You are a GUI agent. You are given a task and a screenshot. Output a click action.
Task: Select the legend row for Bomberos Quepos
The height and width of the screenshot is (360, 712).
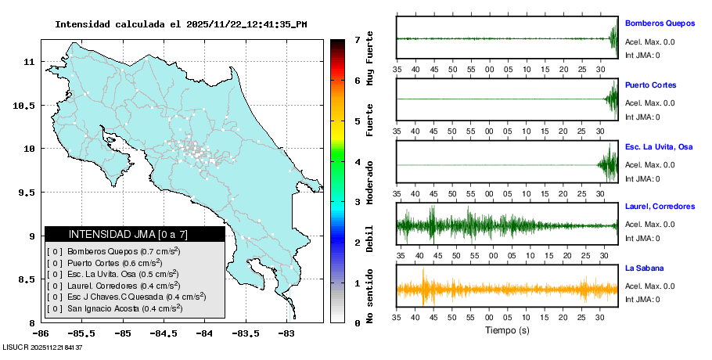click(x=114, y=251)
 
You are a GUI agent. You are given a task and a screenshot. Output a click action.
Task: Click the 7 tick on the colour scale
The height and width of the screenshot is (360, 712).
click(x=356, y=39)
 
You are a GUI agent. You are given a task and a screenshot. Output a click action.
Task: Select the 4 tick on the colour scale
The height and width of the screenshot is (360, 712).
click(x=356, y=162)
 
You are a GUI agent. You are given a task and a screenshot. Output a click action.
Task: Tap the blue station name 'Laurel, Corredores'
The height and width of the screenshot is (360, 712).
click(x=660, y=207)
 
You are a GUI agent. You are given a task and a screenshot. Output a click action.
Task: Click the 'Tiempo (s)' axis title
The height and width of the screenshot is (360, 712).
click(x=507, y=330)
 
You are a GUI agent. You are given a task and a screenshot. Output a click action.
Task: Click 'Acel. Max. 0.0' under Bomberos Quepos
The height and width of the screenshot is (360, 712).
click(x=649, y=42)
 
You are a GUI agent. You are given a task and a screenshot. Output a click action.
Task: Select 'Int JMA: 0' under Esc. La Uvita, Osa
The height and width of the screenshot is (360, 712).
click(x=642, y=178)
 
